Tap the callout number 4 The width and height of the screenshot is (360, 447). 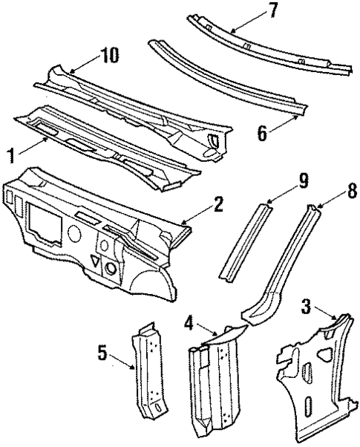[x=189, y=324]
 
